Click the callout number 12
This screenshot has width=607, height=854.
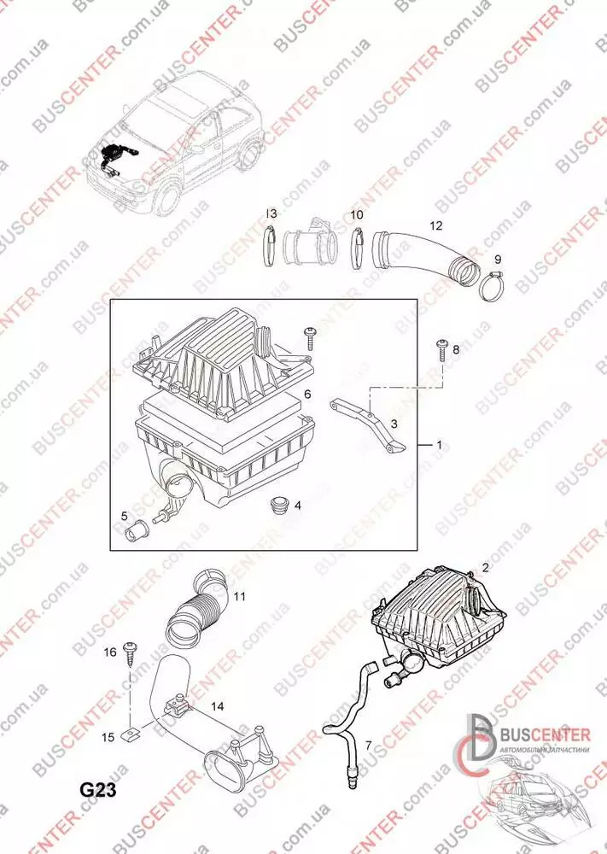[x=436, y=226]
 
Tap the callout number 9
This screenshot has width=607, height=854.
[x=497, y=259]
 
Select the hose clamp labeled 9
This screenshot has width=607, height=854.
[x=493, y=286]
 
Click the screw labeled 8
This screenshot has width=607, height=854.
[x=442, y=348]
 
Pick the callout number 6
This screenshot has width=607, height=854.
[x=307, y=394]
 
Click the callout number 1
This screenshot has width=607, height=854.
[x=439, y=445]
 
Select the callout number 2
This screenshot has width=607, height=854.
[x=485, y=567]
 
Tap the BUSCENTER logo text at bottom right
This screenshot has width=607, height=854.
[x=545, y=734]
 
